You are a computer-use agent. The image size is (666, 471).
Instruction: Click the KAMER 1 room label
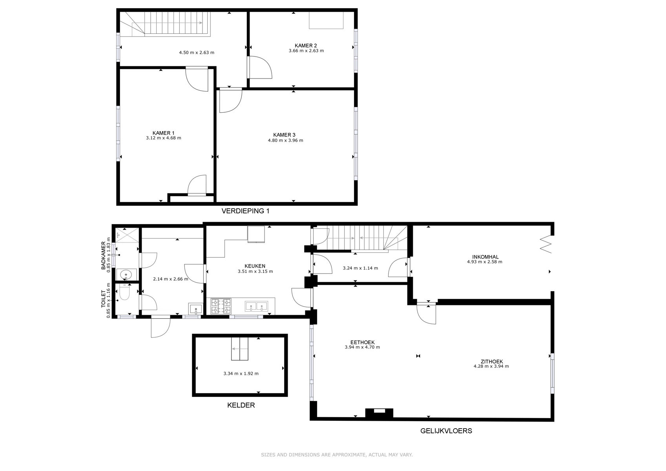click(163, 133)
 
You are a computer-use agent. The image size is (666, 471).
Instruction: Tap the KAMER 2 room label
click(306, 46)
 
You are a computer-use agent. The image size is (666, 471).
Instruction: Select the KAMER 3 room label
click(284, 135)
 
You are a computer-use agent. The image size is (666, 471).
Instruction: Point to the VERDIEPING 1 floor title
click(245, 211)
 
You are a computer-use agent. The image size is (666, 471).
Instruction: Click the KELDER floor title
click(241, 405)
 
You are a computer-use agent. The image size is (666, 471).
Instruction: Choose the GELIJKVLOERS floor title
click(446, 431)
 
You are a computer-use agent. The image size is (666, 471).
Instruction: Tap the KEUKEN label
click(255, 266)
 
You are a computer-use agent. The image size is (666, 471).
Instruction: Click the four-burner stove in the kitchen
click(221, 306)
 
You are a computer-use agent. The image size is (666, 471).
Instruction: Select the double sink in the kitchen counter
click(256, 306)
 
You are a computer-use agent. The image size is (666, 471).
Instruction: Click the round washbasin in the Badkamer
click(127, 274)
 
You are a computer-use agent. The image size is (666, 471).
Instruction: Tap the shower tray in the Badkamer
click(127, 235)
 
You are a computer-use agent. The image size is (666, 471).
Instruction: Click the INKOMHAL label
click(485, 257)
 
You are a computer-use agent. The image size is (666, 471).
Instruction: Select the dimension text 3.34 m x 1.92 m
click(241, 374)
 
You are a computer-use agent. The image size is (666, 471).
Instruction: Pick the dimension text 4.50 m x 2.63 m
click(197, 53)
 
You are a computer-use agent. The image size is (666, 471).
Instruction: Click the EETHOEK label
click(362, 342)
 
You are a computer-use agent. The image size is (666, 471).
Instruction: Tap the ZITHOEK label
click(492, 361)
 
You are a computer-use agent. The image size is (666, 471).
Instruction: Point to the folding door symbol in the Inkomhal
click(546, 244)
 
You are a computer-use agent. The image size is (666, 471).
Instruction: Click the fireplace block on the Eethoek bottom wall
click(379, 413)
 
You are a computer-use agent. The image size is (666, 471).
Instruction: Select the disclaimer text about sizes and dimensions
click(337, 455)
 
